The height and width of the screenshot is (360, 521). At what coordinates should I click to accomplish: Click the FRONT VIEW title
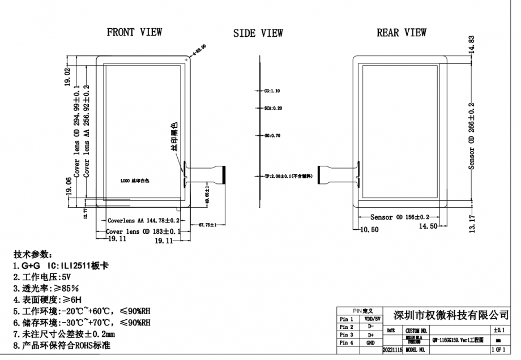pyautogui.click(x=134, y=32)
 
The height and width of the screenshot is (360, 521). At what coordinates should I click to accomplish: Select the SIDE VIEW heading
pyautogui.click(x=258, y=34)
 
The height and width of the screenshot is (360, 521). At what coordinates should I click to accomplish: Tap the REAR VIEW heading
pyautogui.click(x=402, y=33)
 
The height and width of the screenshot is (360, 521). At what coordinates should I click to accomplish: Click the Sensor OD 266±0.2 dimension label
pyautogui.click(x=471, y=136)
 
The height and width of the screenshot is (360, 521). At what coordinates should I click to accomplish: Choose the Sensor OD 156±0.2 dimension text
pyautogui.click(x=400, y=217)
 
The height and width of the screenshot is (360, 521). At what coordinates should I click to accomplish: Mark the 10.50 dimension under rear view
pyautogui.click(x=369, y=229)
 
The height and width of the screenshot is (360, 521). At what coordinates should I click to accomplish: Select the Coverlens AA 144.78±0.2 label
pyautogui.click(x=143, y=220)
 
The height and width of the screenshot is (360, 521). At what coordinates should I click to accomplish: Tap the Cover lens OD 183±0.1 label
pyautogui.click(x=143, y=232)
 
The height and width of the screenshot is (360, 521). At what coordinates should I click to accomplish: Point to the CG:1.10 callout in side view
pyautogui.click(x=272, y=91)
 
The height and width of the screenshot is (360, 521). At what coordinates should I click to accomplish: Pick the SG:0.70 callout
pyautogui.click(x=272, y=136)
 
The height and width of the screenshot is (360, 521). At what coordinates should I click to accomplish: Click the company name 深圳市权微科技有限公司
pyautogui.click(x=450, y=315)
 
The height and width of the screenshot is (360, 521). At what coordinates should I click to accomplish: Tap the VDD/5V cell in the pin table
pyautogui.click(x=371, y=320)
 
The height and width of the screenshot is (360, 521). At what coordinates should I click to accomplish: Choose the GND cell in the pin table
pyautogui.click(x=371, y=342)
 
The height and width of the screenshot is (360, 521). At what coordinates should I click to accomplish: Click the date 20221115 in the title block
pyautogui.click(x=392, y=350)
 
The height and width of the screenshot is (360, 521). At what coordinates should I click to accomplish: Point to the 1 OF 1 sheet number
pyautogui.click(x=498, y=350)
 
